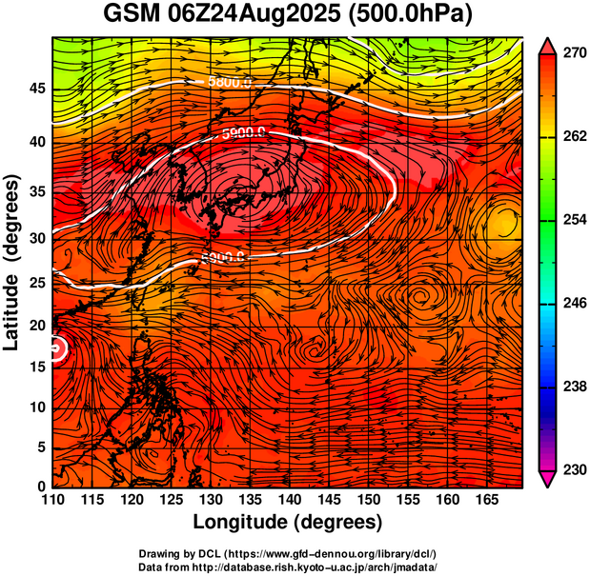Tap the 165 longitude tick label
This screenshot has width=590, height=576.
tap(483, 501)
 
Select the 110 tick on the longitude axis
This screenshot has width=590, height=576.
tap(53, 501)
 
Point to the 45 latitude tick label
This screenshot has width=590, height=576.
tap(36, 88)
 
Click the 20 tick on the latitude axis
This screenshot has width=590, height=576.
tap(36, 326)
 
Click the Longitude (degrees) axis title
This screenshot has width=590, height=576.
tap(288, 522)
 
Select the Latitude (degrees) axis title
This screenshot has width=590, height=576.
tap(13, 263)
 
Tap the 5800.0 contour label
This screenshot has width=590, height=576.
tap(229, 83)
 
